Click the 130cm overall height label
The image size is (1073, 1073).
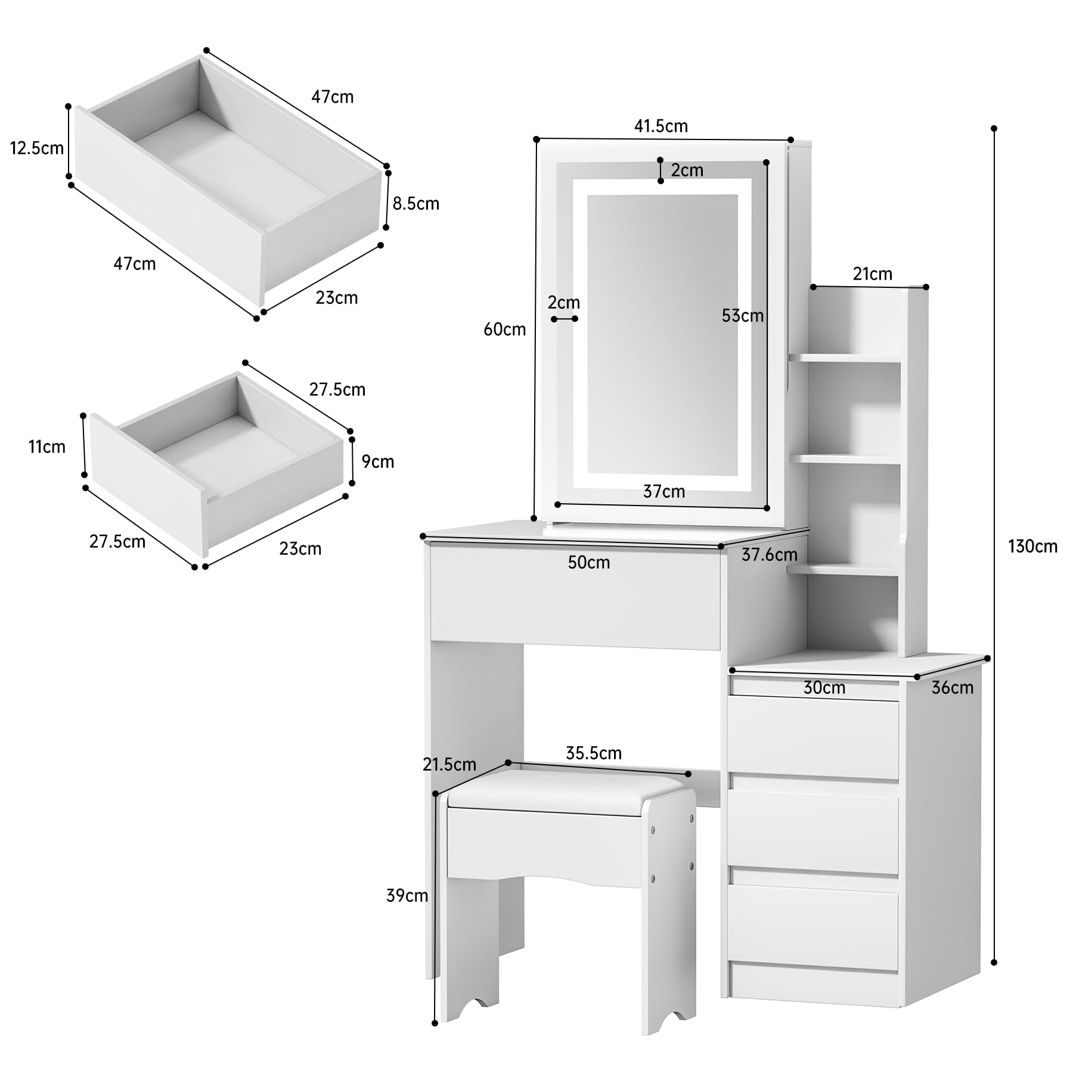pyautogui.click(x=1032, y=546)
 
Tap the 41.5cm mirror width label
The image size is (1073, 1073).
pyautogui.click(x=660, y=126)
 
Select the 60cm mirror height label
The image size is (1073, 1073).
pyautogui.click(x=504, y=329)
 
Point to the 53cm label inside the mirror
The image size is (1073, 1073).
pyautogui.click(x=743, y=315)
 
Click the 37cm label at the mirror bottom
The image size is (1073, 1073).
pyautogui.click(x=663, y=491)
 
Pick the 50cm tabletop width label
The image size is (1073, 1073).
pyautogui.click(x=589, y=562)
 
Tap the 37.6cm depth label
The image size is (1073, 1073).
pyautogui.click(x=770, y=554)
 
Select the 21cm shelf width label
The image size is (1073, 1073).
pyautogui.click(x=872, y=274)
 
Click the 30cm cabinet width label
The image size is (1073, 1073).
pyautogui.click(x=824, y=687)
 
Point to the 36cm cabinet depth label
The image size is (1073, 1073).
pyautogui.click(x=953, y=687)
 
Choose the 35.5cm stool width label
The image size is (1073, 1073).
pyautogui.click(x=594, y=753)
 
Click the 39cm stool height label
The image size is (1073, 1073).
pyautogui.click(x=407, y=895)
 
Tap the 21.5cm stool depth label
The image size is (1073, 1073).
pyautogui.click(x=449, y=764)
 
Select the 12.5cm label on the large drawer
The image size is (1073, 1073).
pyautogui.click(x=37, y=148)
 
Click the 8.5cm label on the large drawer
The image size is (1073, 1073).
pyautogui.click(x=415, y=203)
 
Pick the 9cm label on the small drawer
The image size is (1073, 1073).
pyautogui.click(x=378, y=461)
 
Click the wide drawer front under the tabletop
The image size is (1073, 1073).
pyautogui.click(x=575, y=596)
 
